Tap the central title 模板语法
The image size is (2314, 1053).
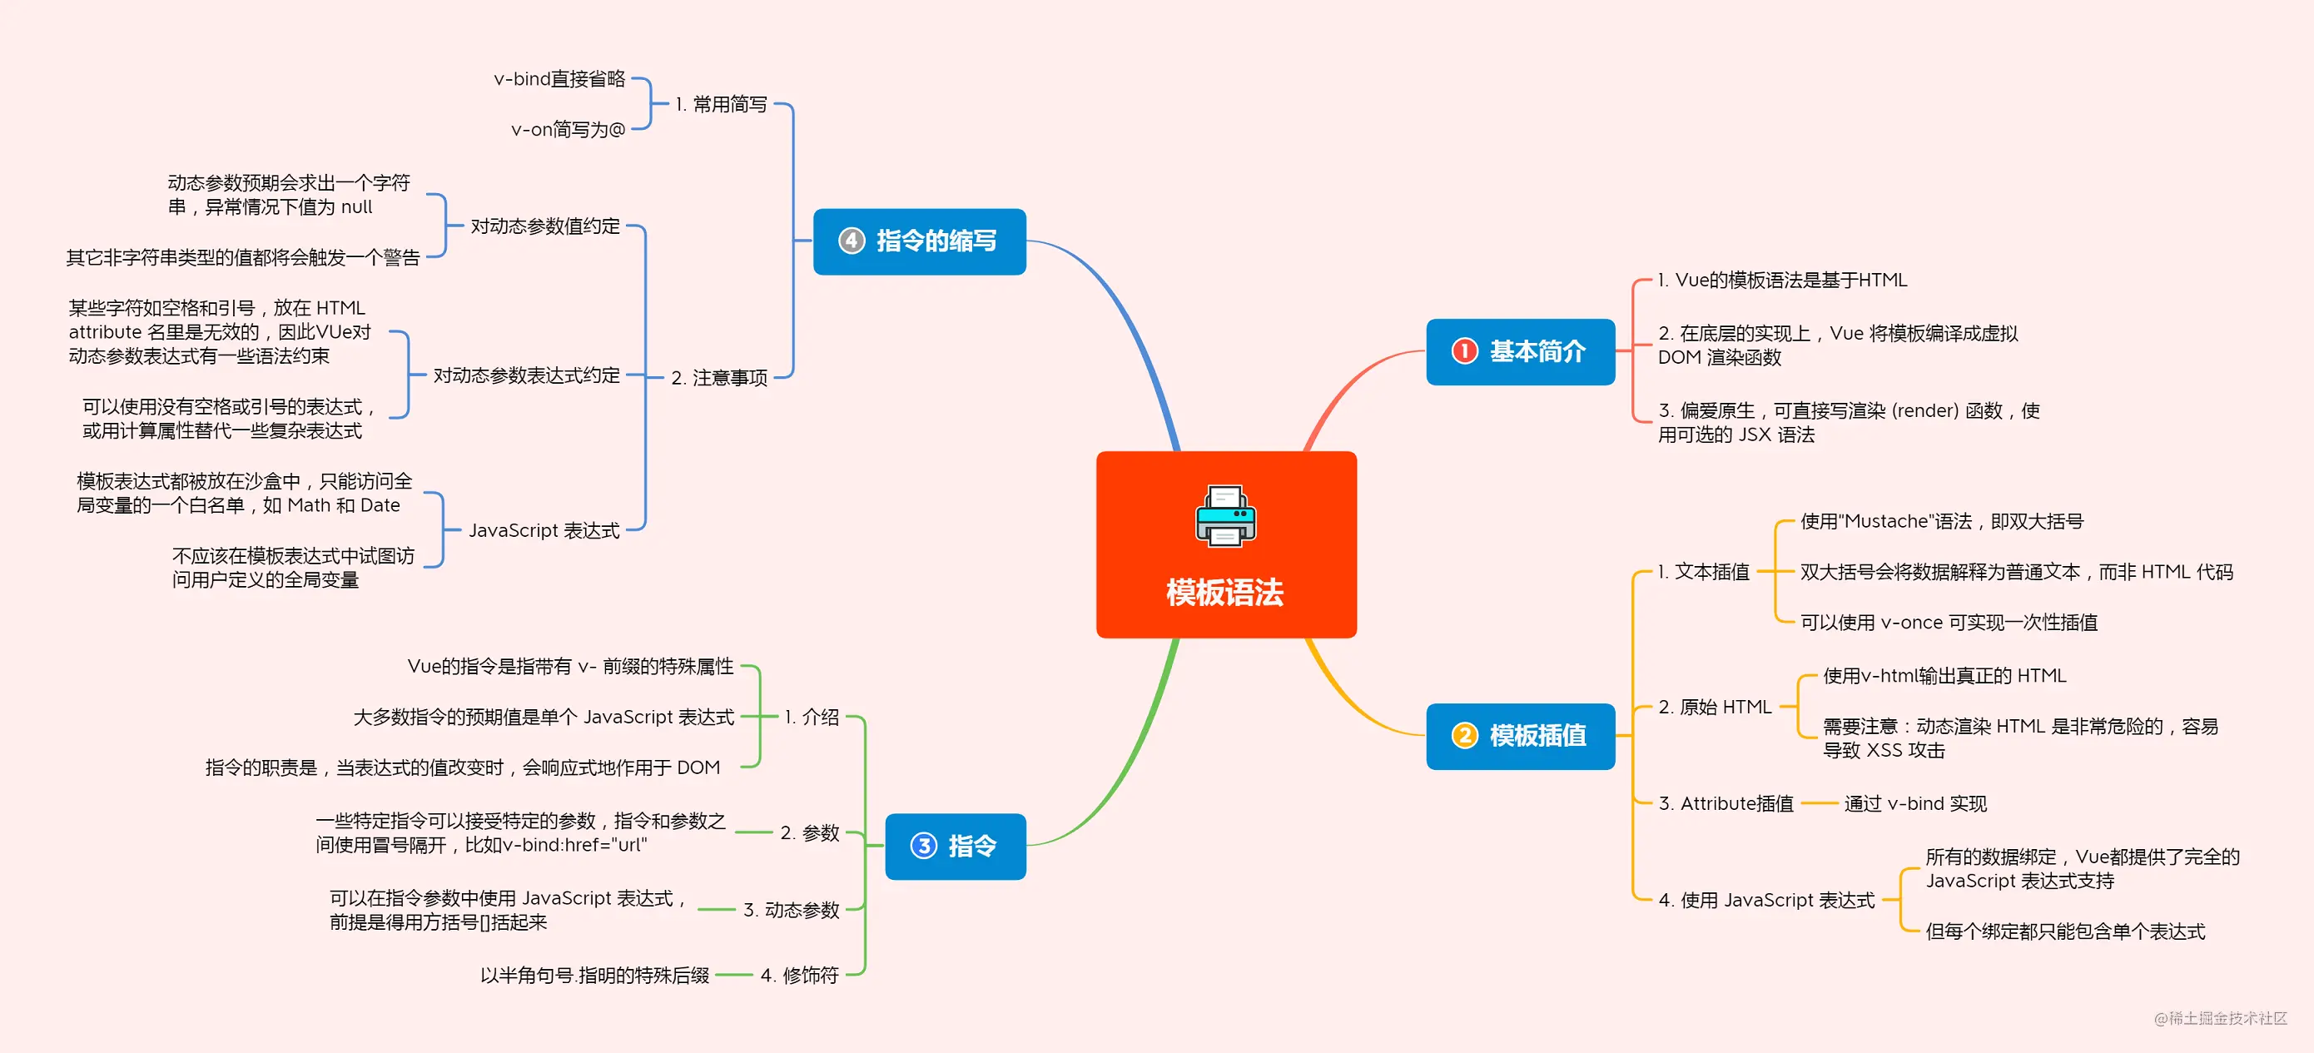point(1225,593)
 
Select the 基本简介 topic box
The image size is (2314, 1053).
point(1520,351)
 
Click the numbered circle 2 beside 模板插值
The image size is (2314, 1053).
point(1464,736)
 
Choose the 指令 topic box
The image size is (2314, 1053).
point(955,846)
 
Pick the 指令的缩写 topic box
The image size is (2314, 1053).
point(919,241)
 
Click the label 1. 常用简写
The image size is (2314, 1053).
point(722,104)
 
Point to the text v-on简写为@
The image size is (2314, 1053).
point(568,129)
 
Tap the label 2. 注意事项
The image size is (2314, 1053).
point(719,377)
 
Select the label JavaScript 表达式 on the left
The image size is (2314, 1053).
point(544,530)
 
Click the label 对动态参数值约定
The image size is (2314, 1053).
point(545,226)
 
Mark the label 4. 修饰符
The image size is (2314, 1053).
point(799,975)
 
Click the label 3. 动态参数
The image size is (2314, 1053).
point(792,909)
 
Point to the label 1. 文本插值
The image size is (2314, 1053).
point(1704,571)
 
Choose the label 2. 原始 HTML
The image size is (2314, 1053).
point(1715,707)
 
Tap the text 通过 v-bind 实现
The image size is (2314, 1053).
point(1915,803)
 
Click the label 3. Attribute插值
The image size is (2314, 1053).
point(1726,803)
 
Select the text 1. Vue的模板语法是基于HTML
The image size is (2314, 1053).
point(1782,281)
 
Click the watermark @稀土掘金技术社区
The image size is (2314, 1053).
point(2221,1018)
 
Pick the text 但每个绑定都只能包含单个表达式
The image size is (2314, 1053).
point(2065,931)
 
